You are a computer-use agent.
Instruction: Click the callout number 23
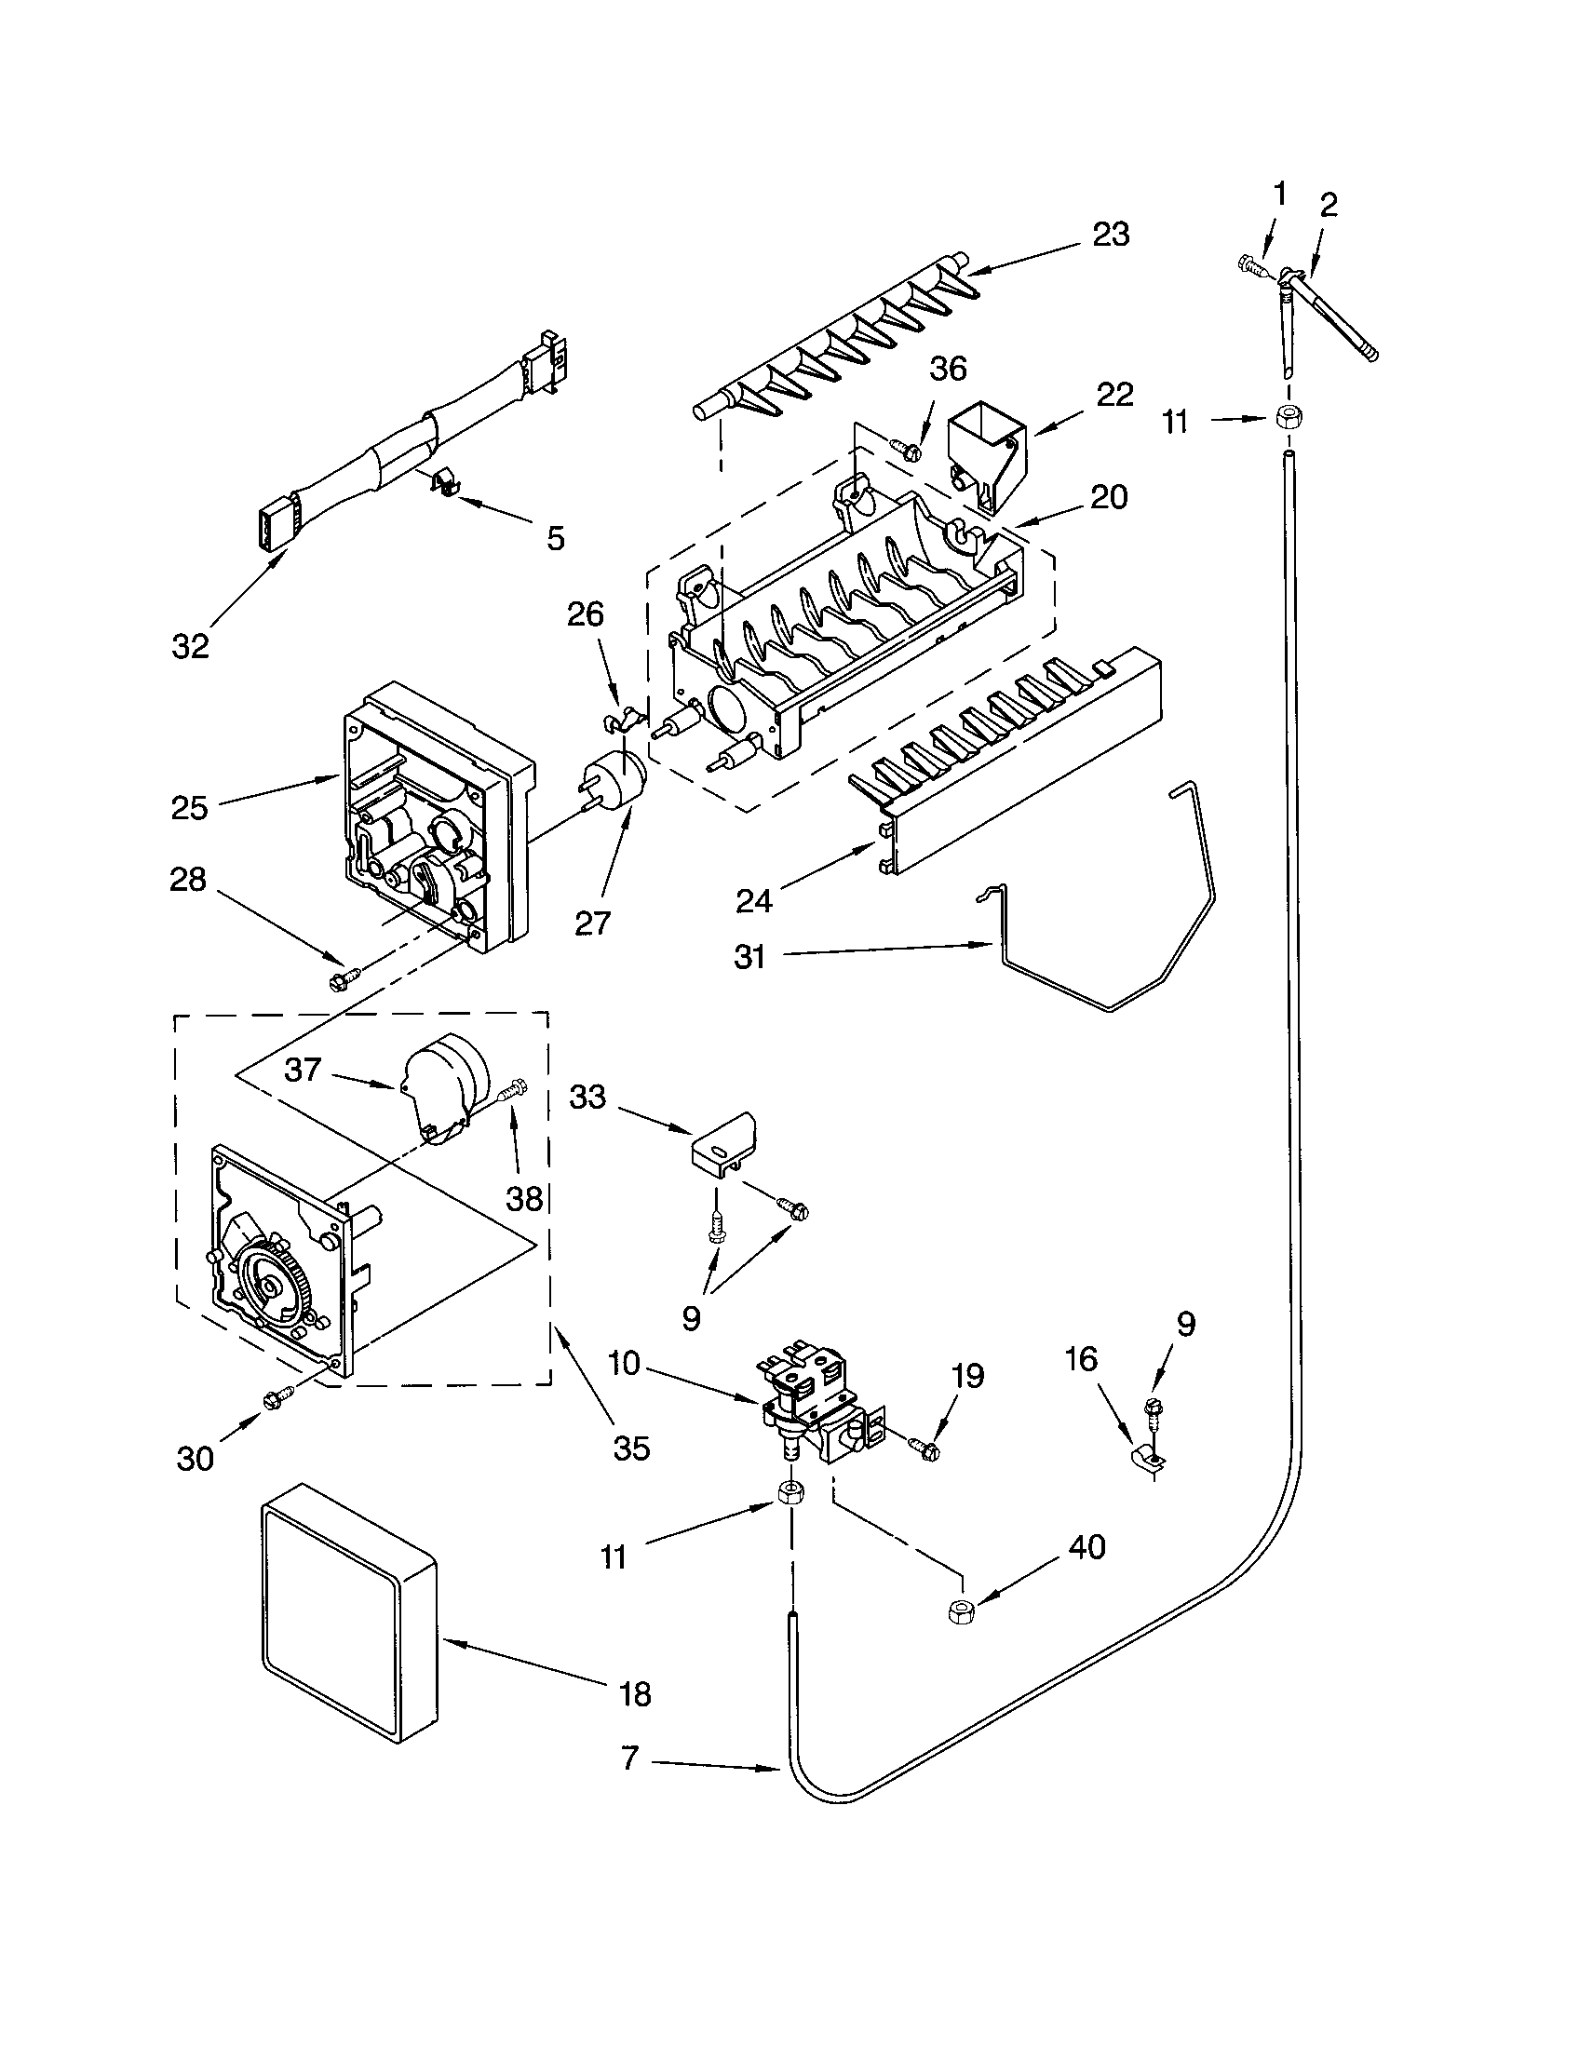click(x=1111, y=235)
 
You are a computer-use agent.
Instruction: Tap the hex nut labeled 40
click(x=958, y=1612)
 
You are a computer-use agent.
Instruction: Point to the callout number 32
click(x=190, y=646)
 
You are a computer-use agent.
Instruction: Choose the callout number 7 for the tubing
click(x=630, y=1758)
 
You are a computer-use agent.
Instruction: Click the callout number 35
click(x=631, y=1448)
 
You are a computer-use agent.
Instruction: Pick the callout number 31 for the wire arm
click(x=750, y=957)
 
